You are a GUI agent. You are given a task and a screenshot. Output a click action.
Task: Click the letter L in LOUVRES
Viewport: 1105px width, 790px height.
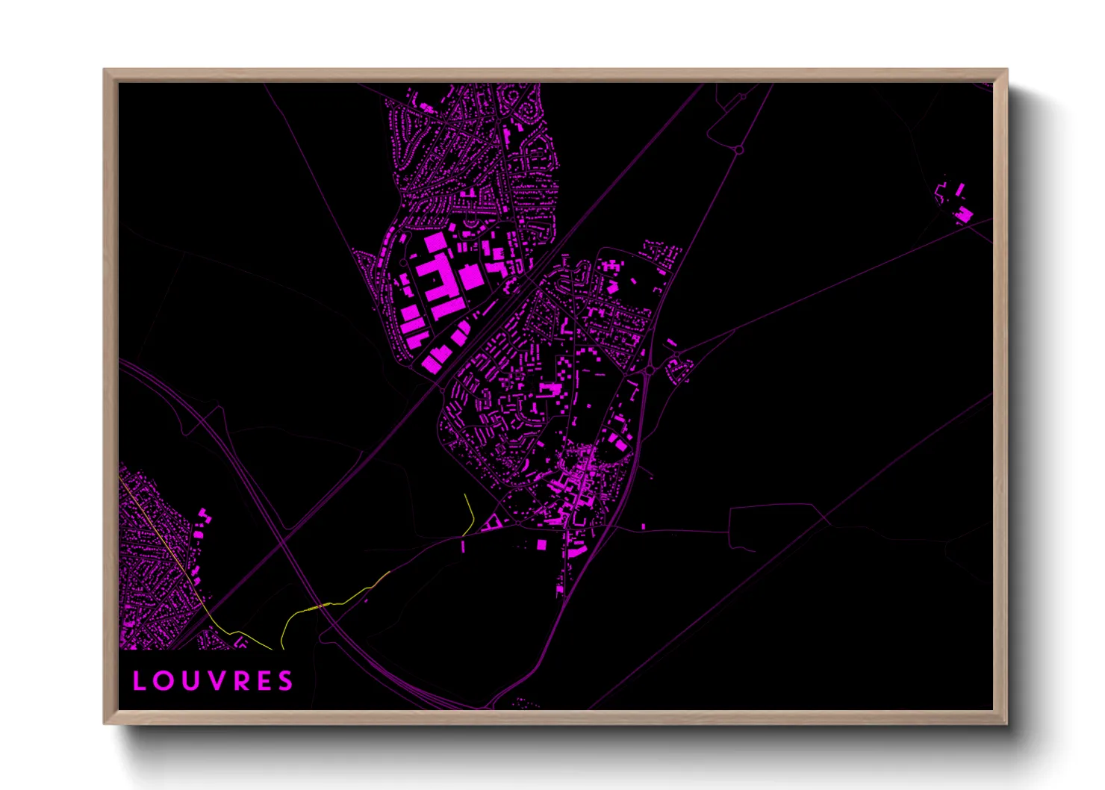[x=138, y=681]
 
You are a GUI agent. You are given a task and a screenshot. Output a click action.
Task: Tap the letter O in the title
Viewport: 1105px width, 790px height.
[x=163, y=681]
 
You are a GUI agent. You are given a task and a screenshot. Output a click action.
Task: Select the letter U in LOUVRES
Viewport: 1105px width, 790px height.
[x=188, y=681]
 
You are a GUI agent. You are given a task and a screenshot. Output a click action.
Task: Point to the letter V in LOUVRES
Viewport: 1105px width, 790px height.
[x=214, y=681]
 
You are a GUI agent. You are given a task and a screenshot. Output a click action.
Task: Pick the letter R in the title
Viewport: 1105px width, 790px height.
[x=238, y=681]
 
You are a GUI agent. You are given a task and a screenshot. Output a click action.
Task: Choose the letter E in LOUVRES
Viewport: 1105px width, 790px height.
[x=262, y=681]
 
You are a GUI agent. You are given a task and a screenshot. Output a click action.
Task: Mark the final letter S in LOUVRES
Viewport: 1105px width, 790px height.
[x=286, y=681]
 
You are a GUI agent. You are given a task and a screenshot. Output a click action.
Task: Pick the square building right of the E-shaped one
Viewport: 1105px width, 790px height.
[x=471, y=277]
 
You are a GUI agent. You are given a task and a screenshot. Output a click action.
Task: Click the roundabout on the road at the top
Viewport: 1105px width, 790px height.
[x=738, y=150]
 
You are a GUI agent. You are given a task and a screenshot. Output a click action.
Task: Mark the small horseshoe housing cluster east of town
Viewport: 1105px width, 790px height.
[x=679, y=370]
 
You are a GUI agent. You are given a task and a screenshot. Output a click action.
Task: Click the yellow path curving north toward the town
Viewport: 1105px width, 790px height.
[x=470, y=514]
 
